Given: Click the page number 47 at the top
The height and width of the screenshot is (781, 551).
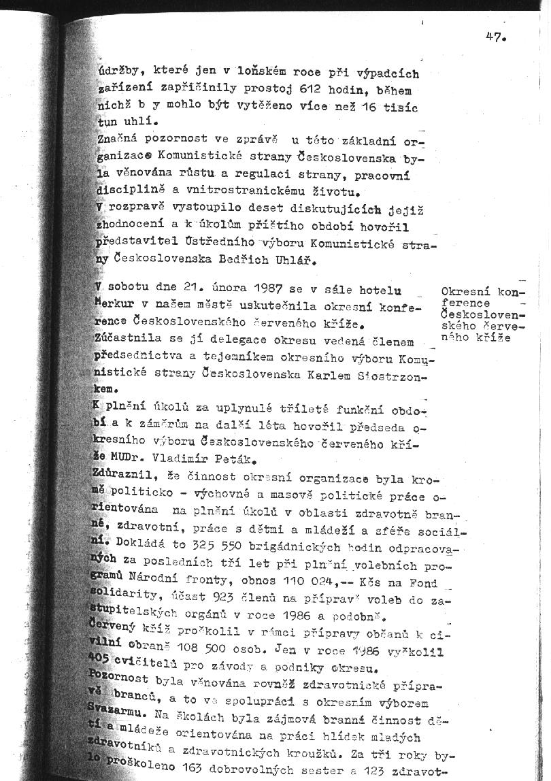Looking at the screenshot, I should pyautogui.click(x=495, y=37).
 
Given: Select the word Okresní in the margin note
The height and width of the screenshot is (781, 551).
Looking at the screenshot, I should pyautogui.click(x=465, y=293).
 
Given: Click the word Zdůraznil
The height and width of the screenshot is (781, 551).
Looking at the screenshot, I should pyautogui.click(x=122, y=477).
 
